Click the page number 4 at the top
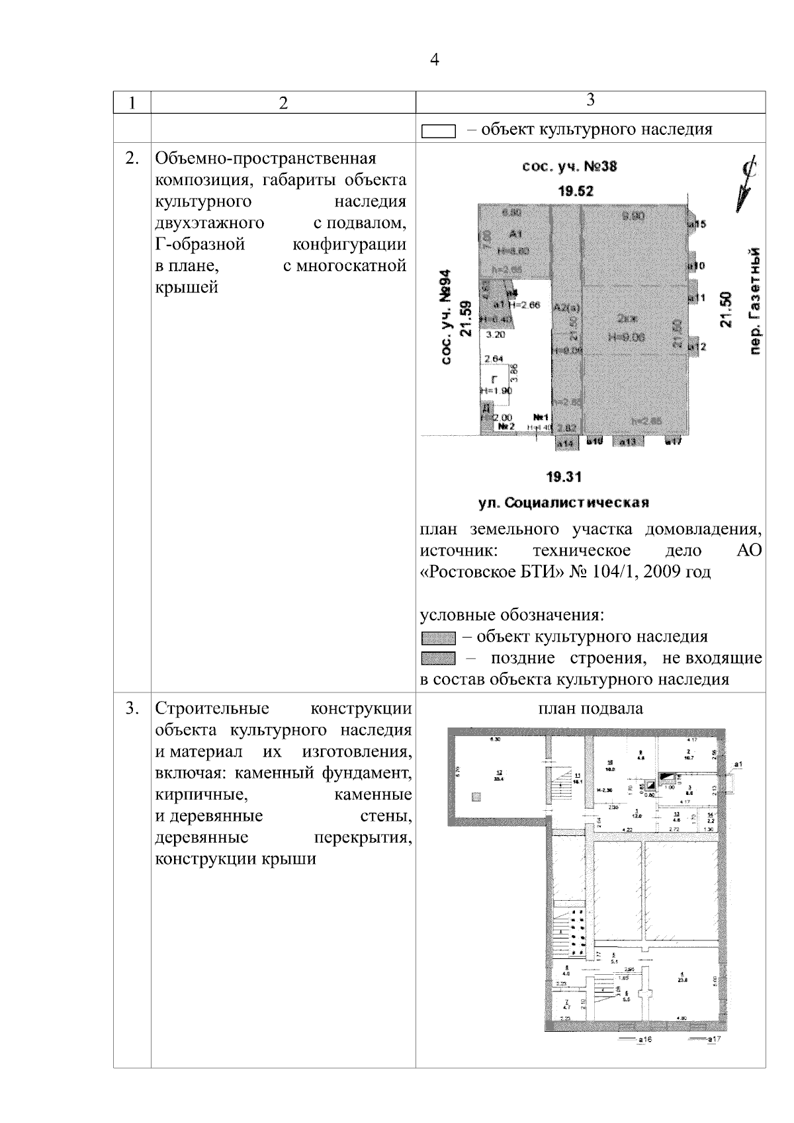point(435,60)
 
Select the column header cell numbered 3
point(590,100)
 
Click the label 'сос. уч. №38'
point(569,167)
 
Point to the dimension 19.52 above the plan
point(575,192)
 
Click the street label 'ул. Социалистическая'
point(563,503)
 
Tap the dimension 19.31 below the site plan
point(564,477)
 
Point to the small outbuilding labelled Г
point(494,380)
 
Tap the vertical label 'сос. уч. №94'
point(448,317)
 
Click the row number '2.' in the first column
point(132,159)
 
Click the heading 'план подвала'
point(590,709)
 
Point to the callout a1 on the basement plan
point(738,765)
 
